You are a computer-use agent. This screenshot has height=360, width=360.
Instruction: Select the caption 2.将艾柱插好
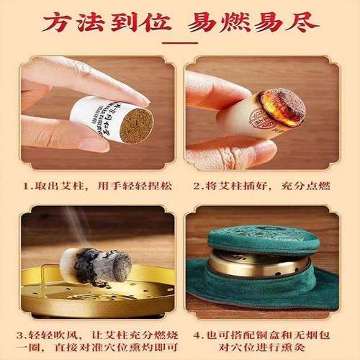pos(231,186)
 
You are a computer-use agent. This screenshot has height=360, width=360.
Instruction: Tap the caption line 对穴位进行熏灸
pos(267,351)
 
